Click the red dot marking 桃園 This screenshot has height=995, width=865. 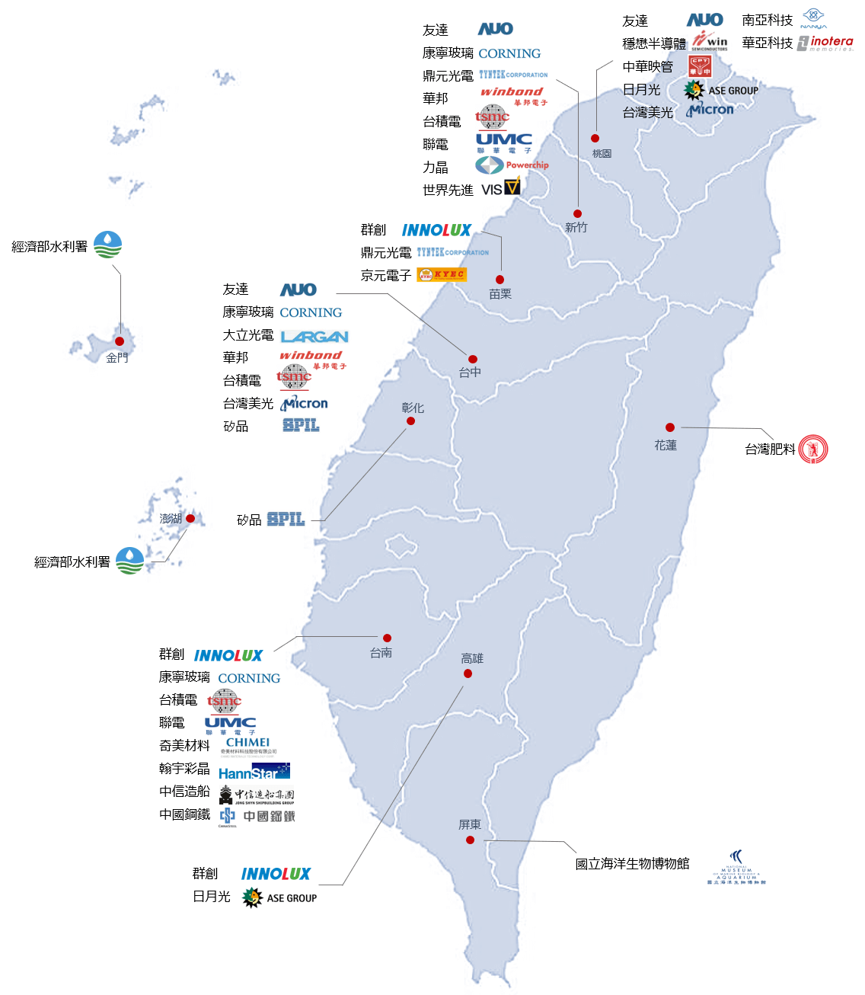[x=595, y=139]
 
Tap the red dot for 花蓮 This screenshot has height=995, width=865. [x=669, y=427]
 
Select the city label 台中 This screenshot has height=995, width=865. [x=470, y=373]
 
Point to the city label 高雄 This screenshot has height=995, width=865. [x=472, y=658]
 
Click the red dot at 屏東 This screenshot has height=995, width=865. [x=470, y=840]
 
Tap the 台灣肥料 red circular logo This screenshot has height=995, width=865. [x=813, y=449]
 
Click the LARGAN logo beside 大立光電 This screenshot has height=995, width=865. [x=314, y=337]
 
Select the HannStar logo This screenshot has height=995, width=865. [x=254, y=772]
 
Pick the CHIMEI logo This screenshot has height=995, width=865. [x=247, y=745]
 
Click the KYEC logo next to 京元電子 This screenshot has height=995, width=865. [x=442, y=275]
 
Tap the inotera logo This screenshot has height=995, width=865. [x=825, y=43]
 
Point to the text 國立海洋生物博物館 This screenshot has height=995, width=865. [x=632, y=864]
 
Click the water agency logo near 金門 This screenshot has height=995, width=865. [x=107, y=245]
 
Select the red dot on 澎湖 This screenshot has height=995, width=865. [x=190, y=518]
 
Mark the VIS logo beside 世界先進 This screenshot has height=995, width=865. [x=501, y=187]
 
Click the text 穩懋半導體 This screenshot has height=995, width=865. [x=653, y=43]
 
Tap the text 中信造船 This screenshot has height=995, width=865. [x=184, y=792]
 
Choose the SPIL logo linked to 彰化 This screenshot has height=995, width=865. [x=286, y=520]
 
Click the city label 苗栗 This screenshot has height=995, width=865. [x=500, y=294]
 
